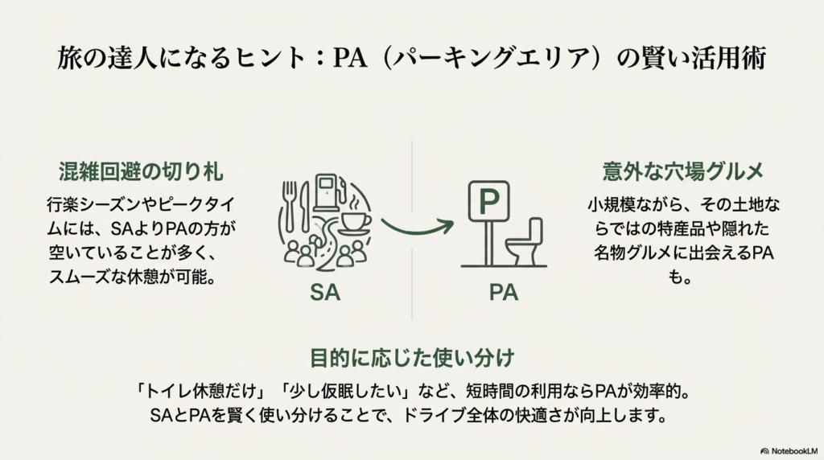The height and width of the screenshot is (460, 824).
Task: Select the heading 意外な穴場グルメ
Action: (682, 171)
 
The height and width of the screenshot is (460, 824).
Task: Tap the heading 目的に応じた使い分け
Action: (411, 356)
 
